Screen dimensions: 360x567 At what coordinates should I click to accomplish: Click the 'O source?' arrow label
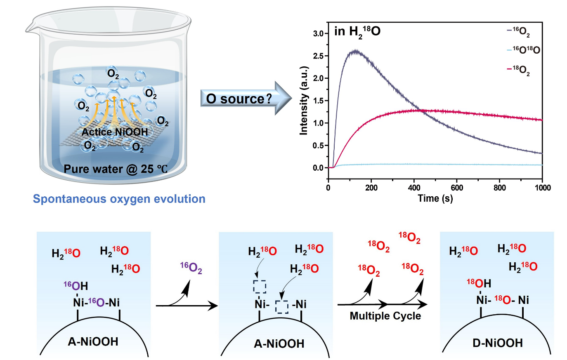(239, 99)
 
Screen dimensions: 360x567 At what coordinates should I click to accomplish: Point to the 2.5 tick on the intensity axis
(318, 56)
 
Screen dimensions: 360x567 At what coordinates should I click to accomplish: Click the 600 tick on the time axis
(457, 188)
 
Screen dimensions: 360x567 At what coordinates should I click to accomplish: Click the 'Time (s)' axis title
(435, 198)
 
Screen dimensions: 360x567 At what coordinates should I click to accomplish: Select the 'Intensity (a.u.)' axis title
(304, 100)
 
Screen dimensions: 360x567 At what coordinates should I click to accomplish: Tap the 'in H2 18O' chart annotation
(357, 32)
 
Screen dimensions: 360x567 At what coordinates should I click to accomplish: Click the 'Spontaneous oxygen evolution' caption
(119, 199)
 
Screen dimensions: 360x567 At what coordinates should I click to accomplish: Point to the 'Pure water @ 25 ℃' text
(116, 169)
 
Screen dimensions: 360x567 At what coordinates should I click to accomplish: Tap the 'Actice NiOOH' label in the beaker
(114, 132)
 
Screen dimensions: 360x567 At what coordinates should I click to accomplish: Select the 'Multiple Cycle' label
(385, 316)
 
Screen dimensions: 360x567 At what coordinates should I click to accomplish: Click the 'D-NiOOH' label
(498, 343)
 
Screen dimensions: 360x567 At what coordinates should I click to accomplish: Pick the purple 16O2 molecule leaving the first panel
(191, 268)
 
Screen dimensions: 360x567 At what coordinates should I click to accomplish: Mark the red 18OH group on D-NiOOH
(479, 283)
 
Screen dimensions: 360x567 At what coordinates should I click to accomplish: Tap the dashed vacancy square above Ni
(259, 287)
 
